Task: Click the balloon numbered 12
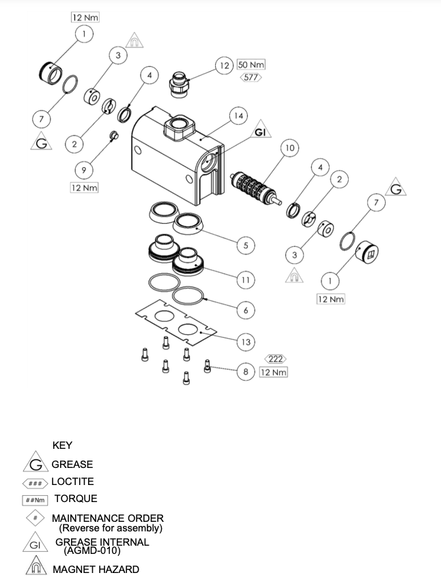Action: tap(223, 65)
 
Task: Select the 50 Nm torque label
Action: tap(251, 65)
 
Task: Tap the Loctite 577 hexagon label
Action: tap(251, 78)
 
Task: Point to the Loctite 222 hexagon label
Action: tap(275, 359)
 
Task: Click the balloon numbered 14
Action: tap(238, 117)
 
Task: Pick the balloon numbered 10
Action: tap(289, 147)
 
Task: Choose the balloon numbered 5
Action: tap(245, 244)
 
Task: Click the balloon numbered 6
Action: tap(245, 310)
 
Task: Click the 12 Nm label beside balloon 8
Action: tap(273, 372)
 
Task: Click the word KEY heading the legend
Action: tap(63, 445)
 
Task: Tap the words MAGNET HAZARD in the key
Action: tap(96, 569)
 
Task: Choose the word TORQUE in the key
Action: tap(76, 499)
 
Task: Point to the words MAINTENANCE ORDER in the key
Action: tap(108, 518)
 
